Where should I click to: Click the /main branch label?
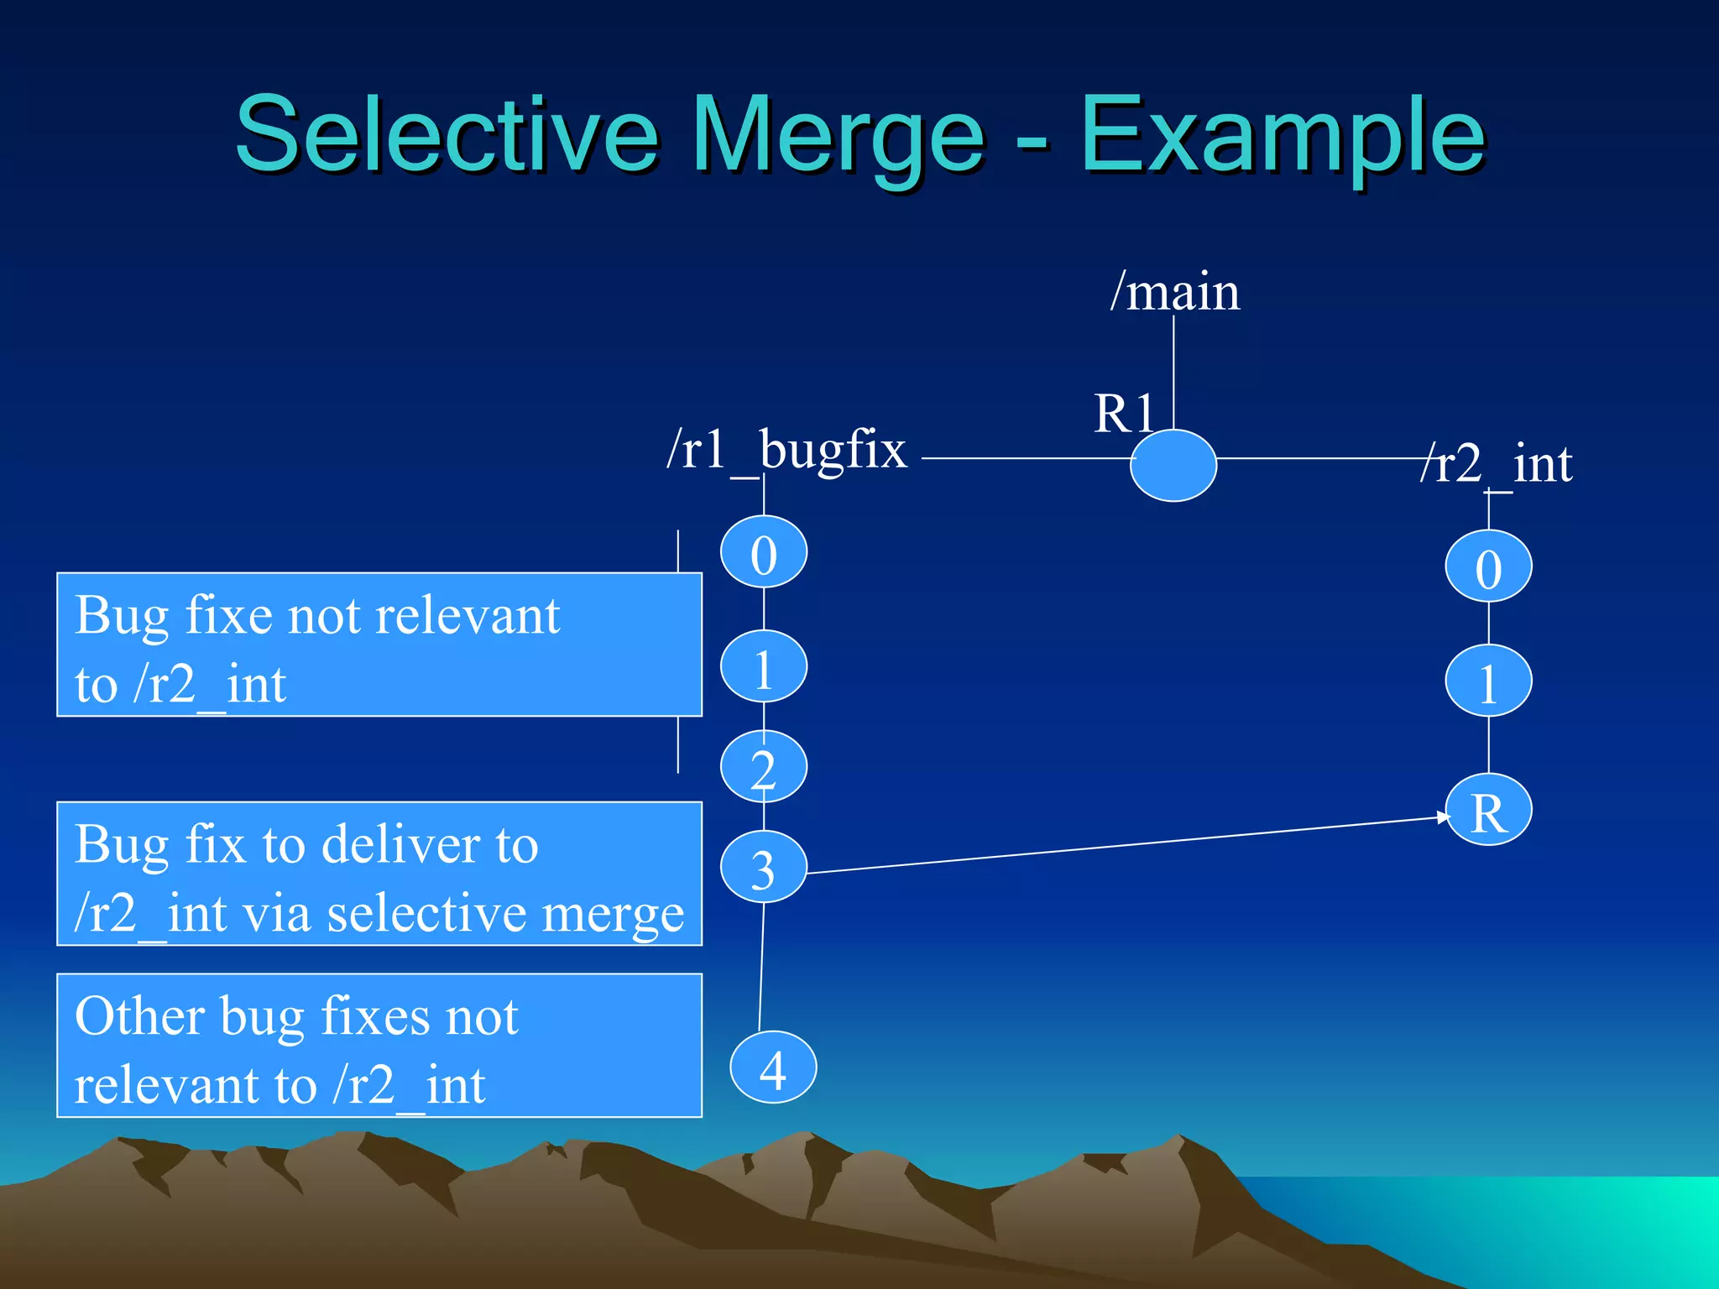(1175, 292)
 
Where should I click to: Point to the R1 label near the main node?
(1125, 414)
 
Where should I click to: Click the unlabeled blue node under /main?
(1173, 466)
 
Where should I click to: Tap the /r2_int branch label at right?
(1497, 464)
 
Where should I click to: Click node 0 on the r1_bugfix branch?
(764, 552)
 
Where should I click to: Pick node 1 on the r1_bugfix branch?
(764, 667)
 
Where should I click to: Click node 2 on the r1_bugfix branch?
(764, 766)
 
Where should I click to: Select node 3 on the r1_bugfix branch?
(764, 867)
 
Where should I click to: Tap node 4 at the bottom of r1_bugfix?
(773, 1067)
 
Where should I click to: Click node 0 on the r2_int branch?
(1488, 566)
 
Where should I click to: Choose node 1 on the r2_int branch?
(1488, 681)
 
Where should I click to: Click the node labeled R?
(1488, 811)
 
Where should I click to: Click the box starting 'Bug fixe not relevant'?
(379, 644)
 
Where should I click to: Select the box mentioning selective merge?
(379, 874)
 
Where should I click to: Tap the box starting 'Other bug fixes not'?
(379, 1046)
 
